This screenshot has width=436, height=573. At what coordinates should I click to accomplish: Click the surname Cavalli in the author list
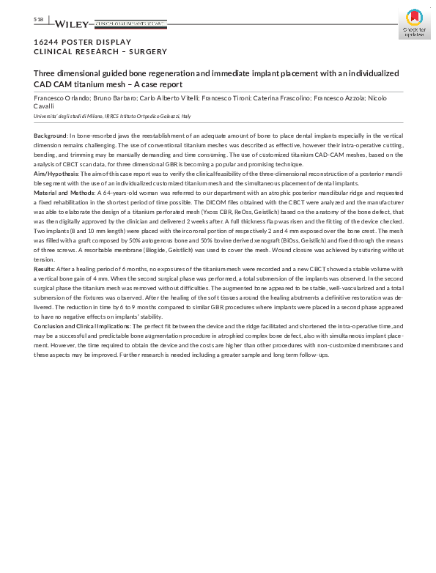coord(44,106)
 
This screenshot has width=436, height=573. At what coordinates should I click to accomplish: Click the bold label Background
coord(50,136)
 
